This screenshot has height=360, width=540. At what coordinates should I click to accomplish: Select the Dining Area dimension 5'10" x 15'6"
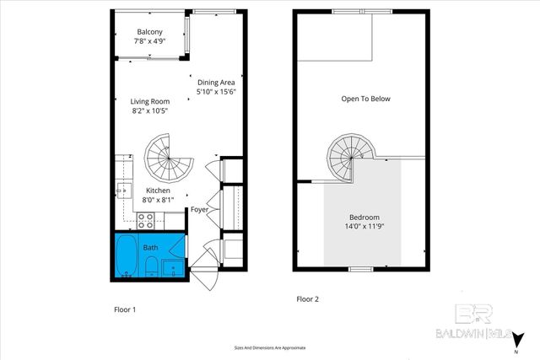click(x=216, y=92)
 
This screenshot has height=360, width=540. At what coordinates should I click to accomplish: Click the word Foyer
click(x=199, y=210)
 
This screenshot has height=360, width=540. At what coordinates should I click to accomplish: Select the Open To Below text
click(x=365, y=99)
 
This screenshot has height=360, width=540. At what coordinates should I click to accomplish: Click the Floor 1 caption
click(x=125, y=309)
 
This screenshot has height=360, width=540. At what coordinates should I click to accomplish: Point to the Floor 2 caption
click(x=308, y=299)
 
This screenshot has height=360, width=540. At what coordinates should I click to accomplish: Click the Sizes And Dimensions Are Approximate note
click(x=269, y=347)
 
